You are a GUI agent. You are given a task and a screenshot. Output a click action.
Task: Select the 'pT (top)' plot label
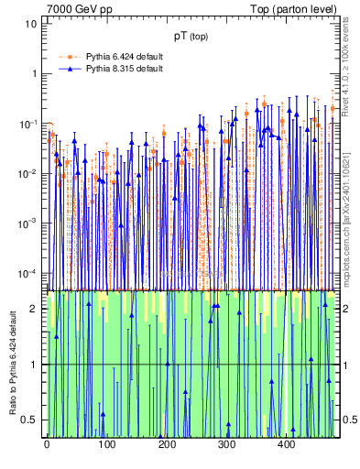(192, 38)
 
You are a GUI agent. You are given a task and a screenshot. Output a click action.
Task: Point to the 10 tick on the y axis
(31, 24)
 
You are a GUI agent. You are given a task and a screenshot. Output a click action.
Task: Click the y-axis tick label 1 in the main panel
(34, 73)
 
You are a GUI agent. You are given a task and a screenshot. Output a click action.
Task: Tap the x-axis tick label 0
(47, 445)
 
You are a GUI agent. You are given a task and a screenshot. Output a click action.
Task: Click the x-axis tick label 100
(106, 445)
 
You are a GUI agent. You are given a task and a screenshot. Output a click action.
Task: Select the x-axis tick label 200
(167, 445)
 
